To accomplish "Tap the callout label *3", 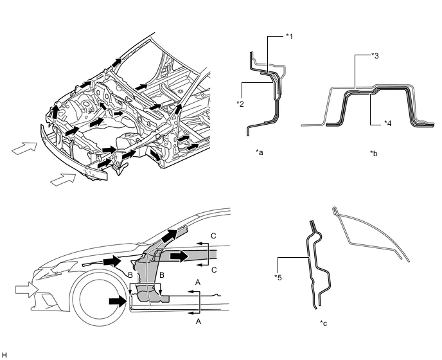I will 375,56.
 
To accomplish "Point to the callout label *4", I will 388,122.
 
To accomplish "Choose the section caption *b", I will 374,154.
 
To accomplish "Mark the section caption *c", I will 323,323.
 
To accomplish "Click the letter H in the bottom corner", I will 4,354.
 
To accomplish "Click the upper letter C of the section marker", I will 213,237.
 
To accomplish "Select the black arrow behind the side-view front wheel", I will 118,300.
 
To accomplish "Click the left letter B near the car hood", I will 130,274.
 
